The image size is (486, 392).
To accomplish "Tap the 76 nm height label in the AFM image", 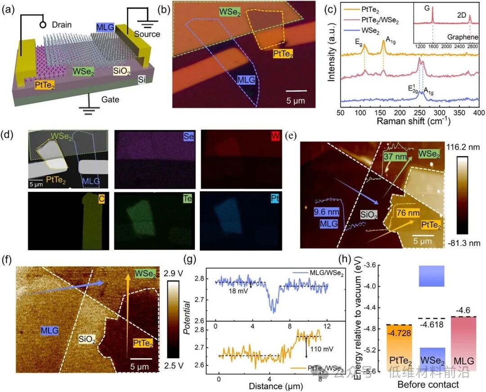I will (407, 212).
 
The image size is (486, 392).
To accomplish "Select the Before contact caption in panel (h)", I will (428, 384).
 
